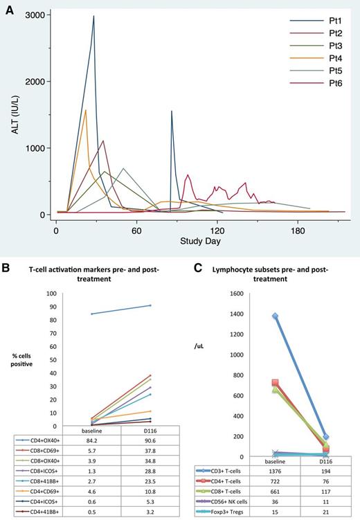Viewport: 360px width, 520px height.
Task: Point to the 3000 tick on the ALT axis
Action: click(x=37, y=15)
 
